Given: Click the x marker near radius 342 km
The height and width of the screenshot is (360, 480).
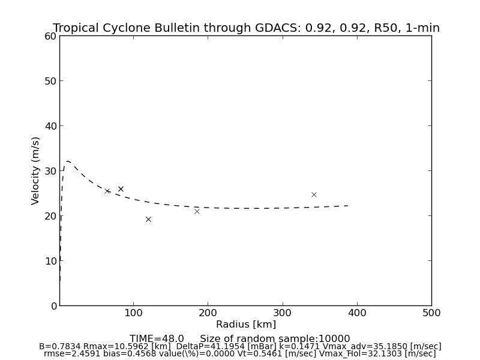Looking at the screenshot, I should [x=314, y=194].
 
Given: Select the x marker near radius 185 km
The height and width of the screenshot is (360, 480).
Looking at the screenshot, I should [x=197, y=211].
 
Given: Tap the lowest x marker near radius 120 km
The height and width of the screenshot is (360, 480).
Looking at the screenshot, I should [x=148, y=219].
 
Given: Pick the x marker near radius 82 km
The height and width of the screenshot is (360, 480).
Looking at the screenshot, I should [x=121, y=189].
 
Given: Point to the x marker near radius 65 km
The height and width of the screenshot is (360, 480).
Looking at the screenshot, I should [x=107, y=191].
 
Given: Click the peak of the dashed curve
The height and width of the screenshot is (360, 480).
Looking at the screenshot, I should [x=68, y=161].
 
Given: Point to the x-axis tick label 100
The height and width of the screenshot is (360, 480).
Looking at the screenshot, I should [x=133, y=313].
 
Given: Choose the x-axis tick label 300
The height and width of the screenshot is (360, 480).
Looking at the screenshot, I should [x=282, y=313].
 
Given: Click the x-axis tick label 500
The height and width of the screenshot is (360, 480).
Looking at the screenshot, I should [x=431, y=313].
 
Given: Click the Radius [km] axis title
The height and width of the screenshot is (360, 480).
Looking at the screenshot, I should [x=246, y=325].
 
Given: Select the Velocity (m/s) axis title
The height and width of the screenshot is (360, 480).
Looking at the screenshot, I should [x=36, y=170].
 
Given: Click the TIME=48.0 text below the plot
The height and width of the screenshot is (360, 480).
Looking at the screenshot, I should [x=157, y=339].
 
